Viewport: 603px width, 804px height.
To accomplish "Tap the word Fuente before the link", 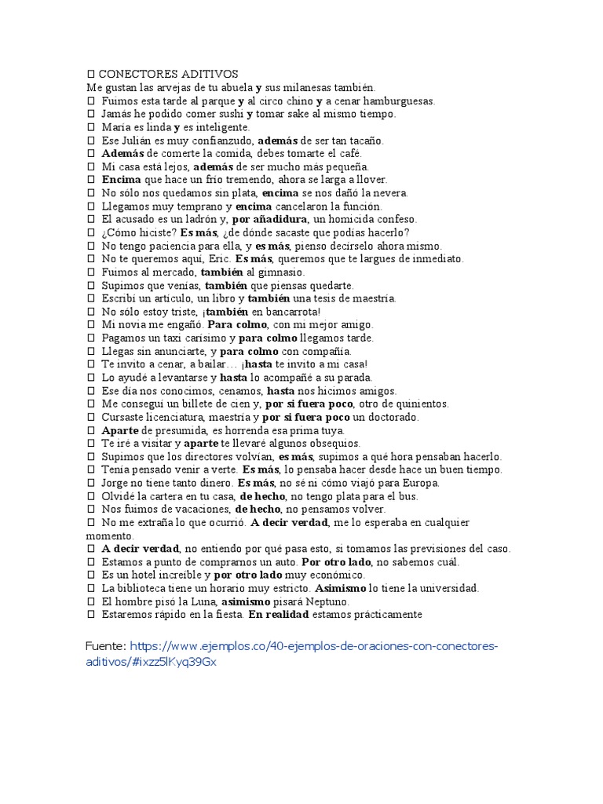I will [105, 646].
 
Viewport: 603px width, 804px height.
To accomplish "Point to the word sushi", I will [229, 114].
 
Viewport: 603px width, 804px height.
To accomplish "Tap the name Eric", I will [214, 258].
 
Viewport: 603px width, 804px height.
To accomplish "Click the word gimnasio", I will [280, 272].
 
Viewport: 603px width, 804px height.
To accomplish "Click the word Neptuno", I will [301, 601].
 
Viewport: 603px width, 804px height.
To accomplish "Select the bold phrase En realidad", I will [277, 615].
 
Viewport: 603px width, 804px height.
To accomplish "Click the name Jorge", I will [117, 483].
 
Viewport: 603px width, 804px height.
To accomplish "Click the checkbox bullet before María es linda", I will [91, 127].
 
